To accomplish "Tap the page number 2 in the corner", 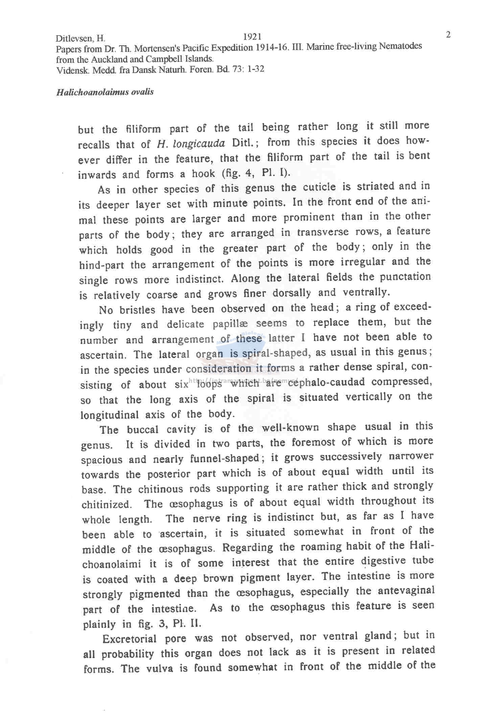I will point(448,35).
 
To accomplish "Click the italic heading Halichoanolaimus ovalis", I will point(105,92).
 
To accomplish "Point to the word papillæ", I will point(232,324).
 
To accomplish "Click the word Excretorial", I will point(130,639).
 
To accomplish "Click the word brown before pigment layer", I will point(218,578).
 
